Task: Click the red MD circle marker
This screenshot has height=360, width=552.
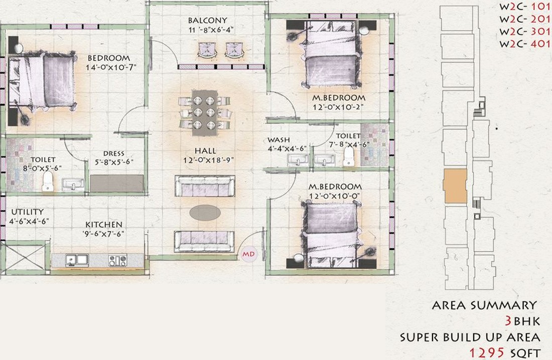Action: (248, 254)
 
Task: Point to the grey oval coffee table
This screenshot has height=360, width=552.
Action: (205, 213)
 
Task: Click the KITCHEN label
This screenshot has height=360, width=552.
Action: (103, 225)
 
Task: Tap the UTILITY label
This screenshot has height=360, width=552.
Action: (27, 212)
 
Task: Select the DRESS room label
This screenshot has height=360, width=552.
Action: (113, 153)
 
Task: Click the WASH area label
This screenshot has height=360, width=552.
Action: (279, 140)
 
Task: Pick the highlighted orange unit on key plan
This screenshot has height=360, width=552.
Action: (455, 186)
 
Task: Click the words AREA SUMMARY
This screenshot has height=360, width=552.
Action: (484, 305)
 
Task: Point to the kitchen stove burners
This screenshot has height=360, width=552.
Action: (118, 260)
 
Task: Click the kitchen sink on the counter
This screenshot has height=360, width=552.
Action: (77, 260)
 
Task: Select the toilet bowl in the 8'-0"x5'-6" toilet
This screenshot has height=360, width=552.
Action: (48, 182)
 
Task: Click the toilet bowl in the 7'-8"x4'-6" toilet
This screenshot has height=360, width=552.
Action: (348, 159)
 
